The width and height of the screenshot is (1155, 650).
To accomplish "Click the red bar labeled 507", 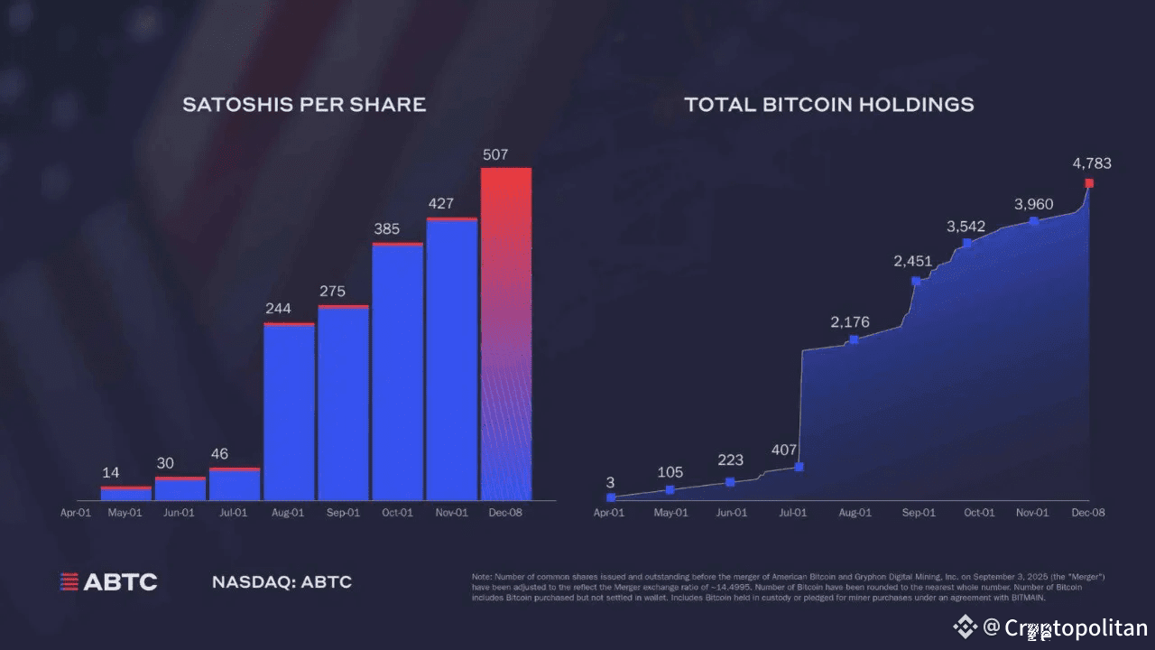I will (505, 334).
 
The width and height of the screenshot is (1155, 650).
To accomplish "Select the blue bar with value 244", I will (289, 412).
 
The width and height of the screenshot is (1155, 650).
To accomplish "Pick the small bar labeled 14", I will (126, 494).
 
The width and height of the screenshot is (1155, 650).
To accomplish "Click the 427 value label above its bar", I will (440, 204).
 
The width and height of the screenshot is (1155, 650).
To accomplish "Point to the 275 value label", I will (331, 292).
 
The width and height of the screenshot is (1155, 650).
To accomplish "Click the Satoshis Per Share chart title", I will (304, 105).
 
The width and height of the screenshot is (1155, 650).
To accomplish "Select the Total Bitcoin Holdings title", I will (828, 105).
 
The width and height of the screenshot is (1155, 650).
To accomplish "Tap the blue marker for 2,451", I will (916, 281).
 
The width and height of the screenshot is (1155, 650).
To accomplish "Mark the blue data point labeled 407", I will (799, 467).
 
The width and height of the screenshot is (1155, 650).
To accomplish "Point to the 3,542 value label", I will (966, 227).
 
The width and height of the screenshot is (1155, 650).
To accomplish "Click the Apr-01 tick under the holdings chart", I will (609, 513).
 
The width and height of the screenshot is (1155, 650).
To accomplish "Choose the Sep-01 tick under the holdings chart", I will (917, 513).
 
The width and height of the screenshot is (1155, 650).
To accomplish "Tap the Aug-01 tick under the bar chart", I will (287, 513).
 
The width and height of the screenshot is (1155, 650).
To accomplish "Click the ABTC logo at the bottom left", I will (108, 582).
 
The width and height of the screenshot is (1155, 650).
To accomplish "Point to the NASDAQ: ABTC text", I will (282, 582).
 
